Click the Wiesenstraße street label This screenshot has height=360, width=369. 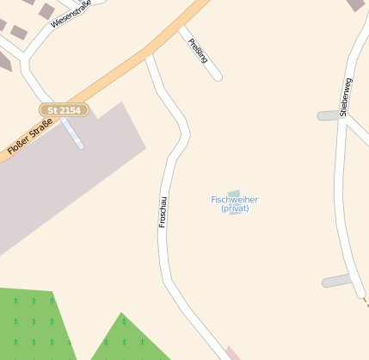click(71, 14)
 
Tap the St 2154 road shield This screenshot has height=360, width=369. click(64, 110)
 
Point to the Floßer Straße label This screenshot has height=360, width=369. click(29, 137)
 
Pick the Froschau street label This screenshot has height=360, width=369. click(163, 208)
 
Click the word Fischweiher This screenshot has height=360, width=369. click(234, 199)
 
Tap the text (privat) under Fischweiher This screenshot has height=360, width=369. click(234, 208)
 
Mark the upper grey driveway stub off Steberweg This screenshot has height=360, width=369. click(329, 115)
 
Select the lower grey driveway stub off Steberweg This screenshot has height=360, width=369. click(336, 281)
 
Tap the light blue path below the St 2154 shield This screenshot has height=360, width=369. click(74, 133)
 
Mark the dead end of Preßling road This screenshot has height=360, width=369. click(218, 76)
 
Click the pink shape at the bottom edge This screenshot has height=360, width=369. click(233, 353)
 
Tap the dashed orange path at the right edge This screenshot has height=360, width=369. click(366, 301)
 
